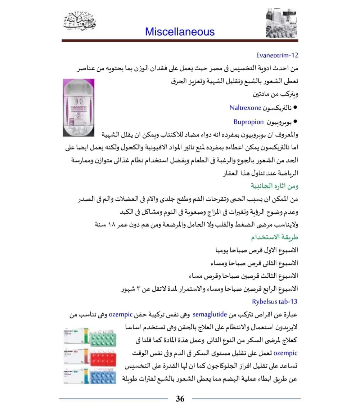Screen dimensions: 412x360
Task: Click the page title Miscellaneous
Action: pos(180,32)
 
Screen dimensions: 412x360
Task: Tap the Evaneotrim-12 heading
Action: pos(277,55)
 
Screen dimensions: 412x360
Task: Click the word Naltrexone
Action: pos(245,108)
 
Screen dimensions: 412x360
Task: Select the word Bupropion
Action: pos(249,122)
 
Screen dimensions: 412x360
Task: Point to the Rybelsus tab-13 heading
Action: pos(275,302)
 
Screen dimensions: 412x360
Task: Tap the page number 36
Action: pos(180,399)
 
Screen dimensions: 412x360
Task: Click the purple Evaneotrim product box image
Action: pos(78,108)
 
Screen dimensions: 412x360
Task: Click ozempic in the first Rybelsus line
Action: pos(121,315)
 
